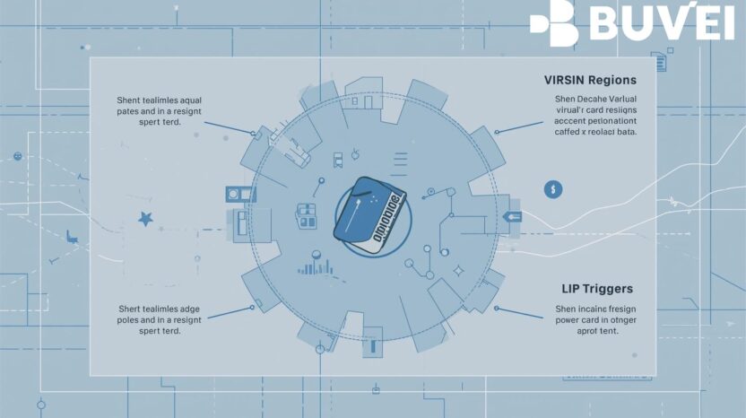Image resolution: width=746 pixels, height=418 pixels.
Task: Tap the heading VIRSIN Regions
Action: (590, 80)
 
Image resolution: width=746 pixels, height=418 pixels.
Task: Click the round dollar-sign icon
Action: (553, 189)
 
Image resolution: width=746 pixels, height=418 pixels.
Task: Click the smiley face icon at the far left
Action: (17, 156)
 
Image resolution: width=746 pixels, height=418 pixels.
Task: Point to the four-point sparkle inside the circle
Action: (457, 270)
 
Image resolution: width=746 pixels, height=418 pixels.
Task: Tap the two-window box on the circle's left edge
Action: (236, 193)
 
